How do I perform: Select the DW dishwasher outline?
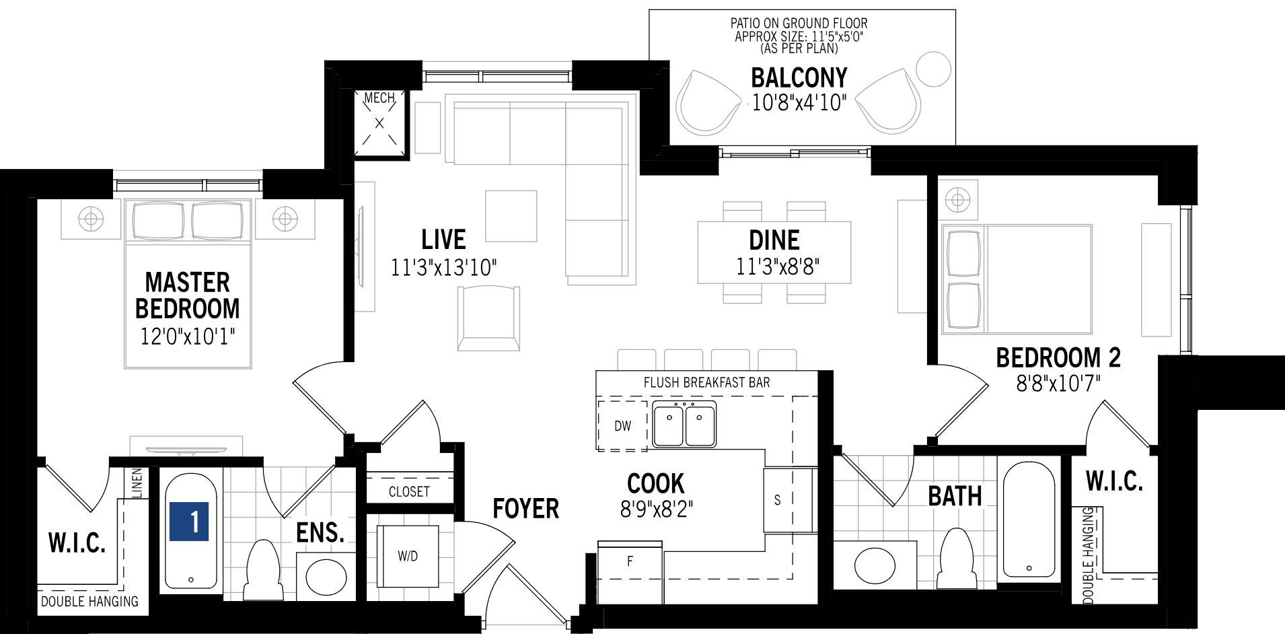pos(622,425)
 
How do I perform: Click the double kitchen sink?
pos(684,424)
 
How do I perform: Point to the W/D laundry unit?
pos(408,556)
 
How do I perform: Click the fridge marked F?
pos(630,570)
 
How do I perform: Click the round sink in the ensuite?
pos(326,575)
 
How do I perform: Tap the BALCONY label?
pos(799,77)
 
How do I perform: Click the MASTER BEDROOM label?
pos(187,295)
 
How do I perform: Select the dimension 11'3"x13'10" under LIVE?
pos(444,268)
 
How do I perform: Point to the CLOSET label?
pos(409,491)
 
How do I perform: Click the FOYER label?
pos(525,509)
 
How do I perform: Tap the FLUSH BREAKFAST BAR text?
pos(707,382)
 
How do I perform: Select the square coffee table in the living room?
pos(511,216)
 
